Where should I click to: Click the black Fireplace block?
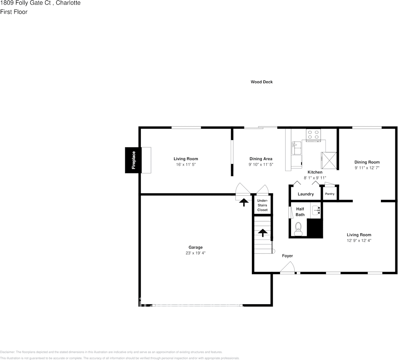[x=133, y=160]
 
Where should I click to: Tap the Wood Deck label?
[x=261, y=82]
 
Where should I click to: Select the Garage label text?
[x=196, y=247]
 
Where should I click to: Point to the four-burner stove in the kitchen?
[x=313, y=135]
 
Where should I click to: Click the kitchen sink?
[x=296, y=148]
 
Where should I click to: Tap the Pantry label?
[x=330, y=194]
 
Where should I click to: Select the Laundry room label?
[x=305, y=194]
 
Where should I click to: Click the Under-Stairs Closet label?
[x=262, y=205]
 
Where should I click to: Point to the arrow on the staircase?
[x=263, y=233]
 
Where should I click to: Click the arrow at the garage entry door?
[x=244, y=201]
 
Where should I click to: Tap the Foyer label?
[x=287, y=256]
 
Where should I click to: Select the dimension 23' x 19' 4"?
[x=196, y=253]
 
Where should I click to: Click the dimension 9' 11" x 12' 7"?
[x=367, y=168]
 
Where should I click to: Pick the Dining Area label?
[x=261, y=159]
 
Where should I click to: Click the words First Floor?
[x=14, y=12]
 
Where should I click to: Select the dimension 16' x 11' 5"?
[x=186, y=165]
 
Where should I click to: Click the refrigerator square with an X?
[x=329, y=160]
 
